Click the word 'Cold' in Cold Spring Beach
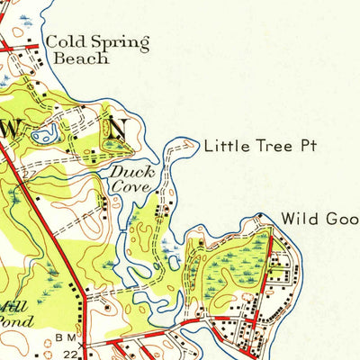point(66,41)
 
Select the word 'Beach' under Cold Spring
point(82,58)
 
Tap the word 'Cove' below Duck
point(130,186)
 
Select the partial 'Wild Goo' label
point(319,219)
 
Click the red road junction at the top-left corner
point(7,43)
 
